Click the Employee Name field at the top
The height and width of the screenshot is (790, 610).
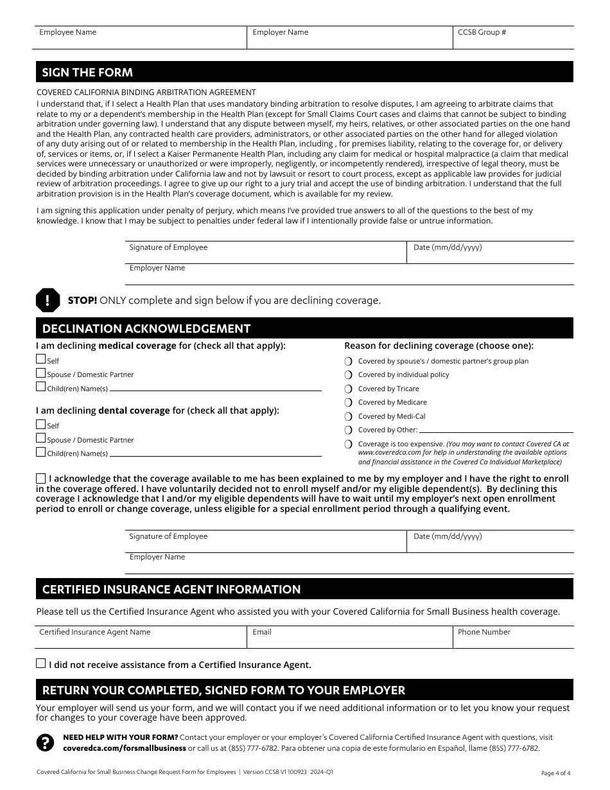click(139, 40)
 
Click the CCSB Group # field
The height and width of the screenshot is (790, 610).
click(512, 40)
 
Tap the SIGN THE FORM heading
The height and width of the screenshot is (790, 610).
click(87, 73)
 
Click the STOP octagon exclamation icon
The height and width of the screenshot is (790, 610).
click(48, 300)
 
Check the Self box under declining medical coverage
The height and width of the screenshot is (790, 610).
click(41, 360)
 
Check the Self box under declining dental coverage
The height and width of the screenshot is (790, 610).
click(41, 425)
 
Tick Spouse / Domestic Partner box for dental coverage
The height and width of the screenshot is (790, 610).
click(41, 439)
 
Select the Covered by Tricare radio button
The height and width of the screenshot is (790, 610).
click(349, 389)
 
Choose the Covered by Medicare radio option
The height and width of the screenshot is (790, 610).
click(349, 403)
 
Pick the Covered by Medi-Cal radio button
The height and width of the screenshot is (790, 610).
click(349, 416)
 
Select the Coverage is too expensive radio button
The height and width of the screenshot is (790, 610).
click(349, 444)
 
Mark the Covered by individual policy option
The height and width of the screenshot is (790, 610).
click(349, 375)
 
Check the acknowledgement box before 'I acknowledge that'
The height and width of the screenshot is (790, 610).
click(41, 478)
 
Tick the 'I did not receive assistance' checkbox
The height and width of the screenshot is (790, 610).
click(41, 664)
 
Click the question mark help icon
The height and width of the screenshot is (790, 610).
click(45, 742)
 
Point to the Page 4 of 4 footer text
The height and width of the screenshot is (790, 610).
click(555, 773)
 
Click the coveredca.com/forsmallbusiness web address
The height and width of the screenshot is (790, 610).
click(125, 748)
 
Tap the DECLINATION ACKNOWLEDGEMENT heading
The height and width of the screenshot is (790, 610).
click(146, 329)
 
